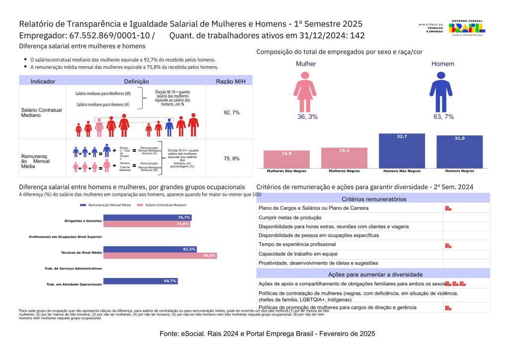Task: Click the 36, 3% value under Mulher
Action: click(307, 117)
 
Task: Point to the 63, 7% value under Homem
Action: click(442, 117)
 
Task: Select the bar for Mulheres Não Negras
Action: click(286, 159)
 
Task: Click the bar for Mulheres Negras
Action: click(344, 158)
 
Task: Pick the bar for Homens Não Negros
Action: click(402, 150)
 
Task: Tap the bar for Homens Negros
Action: click(459, 151)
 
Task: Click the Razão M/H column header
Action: click(232, 81)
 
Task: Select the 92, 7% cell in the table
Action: click(232, 112)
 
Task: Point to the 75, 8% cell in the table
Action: click(232, 159)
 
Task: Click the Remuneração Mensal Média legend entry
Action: click(107, 205)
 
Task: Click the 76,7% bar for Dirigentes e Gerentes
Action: click(147, 217)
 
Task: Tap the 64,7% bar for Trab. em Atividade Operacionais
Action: click(140, 281)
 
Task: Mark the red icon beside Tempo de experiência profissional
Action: click(448, 245)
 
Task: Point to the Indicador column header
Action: click(43, 81)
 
